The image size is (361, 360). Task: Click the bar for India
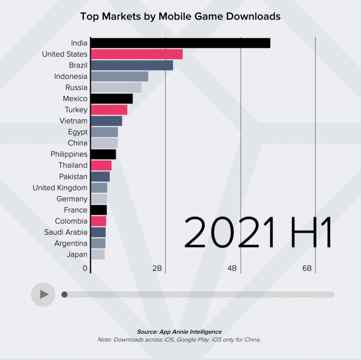coord(180,43)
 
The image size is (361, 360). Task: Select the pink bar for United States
coord(137,54)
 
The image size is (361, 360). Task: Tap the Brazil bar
coord(132,65)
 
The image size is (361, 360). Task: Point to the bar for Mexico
coord(111,98)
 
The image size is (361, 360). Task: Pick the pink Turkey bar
coord(109,110)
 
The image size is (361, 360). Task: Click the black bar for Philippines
coord(103,154)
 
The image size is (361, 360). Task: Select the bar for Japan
coord(97,254)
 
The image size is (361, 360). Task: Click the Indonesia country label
coord(71,76)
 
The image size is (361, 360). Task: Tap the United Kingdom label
coord(60,187)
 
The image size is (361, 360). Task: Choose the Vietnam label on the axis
coord(73,121)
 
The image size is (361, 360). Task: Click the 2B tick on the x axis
coord(157,268)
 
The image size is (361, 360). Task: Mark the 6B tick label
coord(307,268)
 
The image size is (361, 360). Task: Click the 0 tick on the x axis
coord(85,268)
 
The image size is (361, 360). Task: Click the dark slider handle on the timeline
coord(64,295)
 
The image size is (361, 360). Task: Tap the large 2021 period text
coord(229,233)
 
